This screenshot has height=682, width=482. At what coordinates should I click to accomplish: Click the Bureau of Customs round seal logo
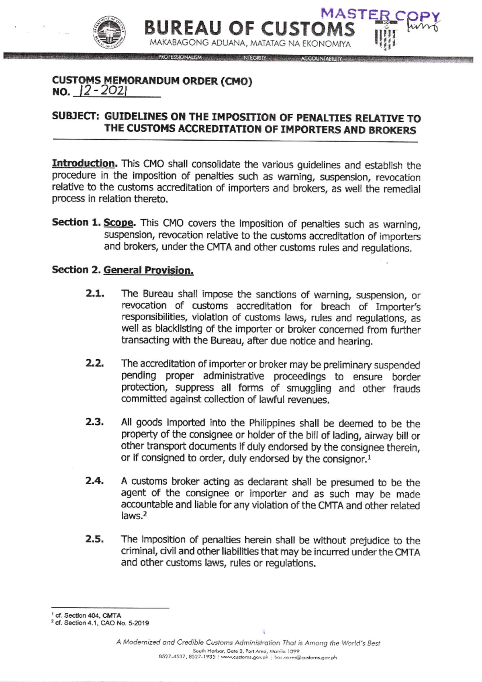[x=111, y=34]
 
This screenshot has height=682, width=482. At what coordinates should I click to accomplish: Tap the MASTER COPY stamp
[x=380, y=16]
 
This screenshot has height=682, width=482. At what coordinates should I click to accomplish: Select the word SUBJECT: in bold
[x=76, y=116]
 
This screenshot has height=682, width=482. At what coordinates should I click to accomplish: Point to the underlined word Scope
[x=119, y=223]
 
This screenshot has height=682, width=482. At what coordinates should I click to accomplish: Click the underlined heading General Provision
[x=148, y=270]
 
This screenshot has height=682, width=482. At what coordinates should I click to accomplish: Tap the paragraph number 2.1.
[x=95, y=294]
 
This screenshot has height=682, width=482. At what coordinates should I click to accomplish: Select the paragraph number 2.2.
[x=95, y=364]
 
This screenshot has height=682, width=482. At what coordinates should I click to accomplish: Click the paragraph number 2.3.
[x=95, y=422]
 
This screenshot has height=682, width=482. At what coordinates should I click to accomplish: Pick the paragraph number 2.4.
[x=95, y=481]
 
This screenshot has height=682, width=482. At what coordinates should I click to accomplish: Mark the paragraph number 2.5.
[x=95, y=539]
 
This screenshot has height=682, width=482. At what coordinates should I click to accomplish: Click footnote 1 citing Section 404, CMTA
[x=86, y=615]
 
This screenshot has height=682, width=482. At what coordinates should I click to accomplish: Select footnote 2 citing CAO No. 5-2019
[x=100, y=623]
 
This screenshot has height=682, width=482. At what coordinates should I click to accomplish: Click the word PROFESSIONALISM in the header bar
[x=179, y=57]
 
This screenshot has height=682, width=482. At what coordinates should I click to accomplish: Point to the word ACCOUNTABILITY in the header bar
[x=321, y=59]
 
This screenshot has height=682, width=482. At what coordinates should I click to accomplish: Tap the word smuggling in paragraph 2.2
[x=308, y=388]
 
